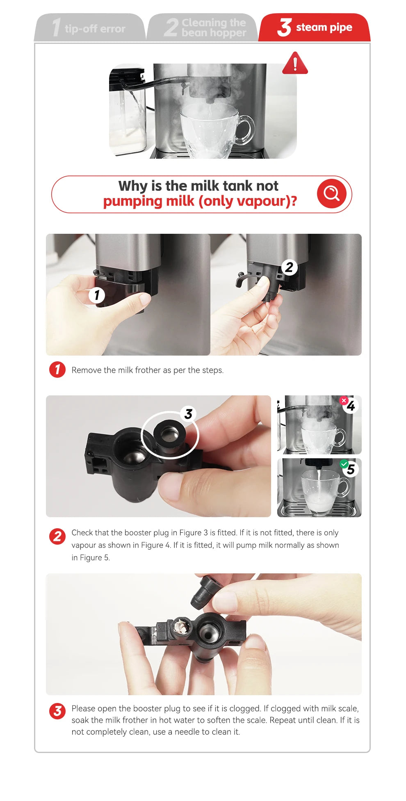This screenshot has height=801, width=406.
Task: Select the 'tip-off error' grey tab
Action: (x=90, y=27)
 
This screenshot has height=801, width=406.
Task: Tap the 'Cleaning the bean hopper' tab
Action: (x=202, y=27)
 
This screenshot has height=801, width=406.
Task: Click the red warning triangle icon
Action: (x=295, y=63)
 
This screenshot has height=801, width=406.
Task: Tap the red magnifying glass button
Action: (x=331, y=193)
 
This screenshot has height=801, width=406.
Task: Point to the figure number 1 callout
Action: (x=97, y=295)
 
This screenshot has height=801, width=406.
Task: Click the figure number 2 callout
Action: (x=289, y=267)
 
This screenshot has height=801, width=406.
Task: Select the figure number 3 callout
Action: (x=188, y=414)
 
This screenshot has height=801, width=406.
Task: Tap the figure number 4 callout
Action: (x=351, y=406)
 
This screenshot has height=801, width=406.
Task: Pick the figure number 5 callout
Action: (x=351, y=469)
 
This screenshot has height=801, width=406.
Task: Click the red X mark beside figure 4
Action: (x=344, y=400)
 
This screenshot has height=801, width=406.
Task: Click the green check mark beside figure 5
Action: (x=344, y=464)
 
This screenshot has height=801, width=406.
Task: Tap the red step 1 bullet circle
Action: (x=57, y=370)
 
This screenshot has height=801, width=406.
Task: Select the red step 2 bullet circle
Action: (x=57, y=536)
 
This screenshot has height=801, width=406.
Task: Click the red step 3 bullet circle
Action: (x=57, y=711)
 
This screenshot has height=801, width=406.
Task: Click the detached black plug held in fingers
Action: (x=206, y=591)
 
